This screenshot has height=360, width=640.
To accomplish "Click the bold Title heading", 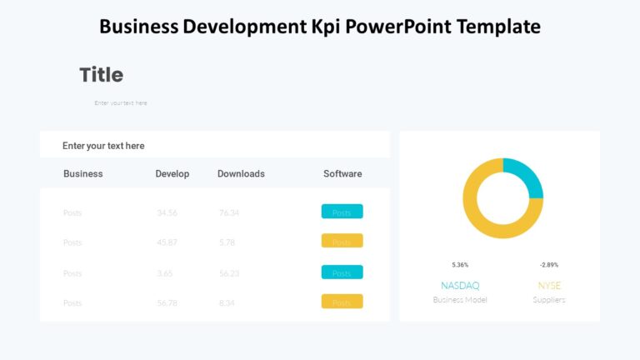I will [x=101, y=75].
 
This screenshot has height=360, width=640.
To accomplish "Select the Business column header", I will [x=83, y=174].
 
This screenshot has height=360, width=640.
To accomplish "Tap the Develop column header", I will [x=172, y=174].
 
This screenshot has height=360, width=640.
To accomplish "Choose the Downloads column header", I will [x=241, y=174].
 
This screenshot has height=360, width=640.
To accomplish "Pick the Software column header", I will [x=342, y=174].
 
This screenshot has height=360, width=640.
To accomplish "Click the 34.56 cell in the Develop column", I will [x=167, y=212].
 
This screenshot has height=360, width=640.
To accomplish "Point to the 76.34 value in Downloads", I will [x=229, y=212].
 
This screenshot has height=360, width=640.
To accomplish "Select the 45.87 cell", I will [x=167, y=242].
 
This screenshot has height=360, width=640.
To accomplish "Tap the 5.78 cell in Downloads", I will [x=227, y=242].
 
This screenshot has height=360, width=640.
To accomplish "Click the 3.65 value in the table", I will [x=165, y=273].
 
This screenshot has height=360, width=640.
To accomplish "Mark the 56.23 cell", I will [x=229, y=273].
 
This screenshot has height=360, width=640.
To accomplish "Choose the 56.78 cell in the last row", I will [x=167, y=303].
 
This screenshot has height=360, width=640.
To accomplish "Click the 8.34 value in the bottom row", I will [x=227, y=303].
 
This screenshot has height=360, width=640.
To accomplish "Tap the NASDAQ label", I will [x=460, y=286].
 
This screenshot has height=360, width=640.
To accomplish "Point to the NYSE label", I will [x=549, y=286].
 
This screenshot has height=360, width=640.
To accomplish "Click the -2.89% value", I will [x=549, y=265].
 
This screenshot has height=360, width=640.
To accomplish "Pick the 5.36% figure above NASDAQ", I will [x=460, y=265].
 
